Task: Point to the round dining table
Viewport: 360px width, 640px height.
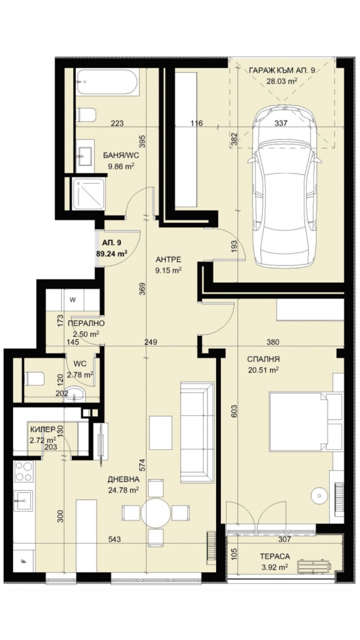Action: tap(155, 512)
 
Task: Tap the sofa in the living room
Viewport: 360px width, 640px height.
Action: tap(197, 433)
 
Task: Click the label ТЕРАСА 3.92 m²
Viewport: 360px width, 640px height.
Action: tap(274, 562)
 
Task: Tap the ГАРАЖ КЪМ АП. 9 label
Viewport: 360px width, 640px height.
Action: tap(282, 75)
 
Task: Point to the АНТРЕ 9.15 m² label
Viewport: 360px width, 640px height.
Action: tap(168, 265)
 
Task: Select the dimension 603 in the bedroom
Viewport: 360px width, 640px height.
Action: tap(234, 410)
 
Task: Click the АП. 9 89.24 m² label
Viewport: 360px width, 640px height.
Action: tap(111, 247)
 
